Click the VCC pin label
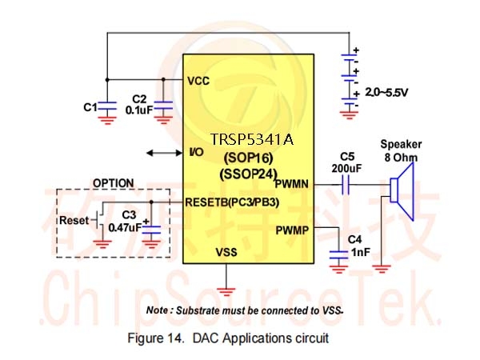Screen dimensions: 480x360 click(198, 81)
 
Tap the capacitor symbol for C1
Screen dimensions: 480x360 click(107, 106)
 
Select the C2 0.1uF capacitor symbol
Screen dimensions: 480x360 click(163, 106)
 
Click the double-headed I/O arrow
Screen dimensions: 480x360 click(164, 153)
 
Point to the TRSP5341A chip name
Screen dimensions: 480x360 click(252, 139)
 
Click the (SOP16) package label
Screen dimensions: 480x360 click(248, 158)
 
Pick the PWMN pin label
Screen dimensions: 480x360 click(292, 184)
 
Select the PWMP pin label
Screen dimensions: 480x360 click(292, 230)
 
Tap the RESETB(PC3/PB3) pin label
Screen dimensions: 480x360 click(232, 202)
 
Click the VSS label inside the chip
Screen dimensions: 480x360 click(226, 252)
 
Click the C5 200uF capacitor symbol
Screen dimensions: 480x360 click(346, 185)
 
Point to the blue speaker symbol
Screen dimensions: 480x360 click(402, 191)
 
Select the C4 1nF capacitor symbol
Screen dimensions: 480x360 click(338, 255)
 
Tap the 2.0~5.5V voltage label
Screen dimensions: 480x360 click(386, 92)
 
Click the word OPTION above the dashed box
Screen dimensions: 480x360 click(114, 183)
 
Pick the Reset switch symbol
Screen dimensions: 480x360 click(98, 221)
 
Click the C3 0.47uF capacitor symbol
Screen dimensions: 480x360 click(151, 230)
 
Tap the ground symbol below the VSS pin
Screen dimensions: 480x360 click(226, 292)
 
